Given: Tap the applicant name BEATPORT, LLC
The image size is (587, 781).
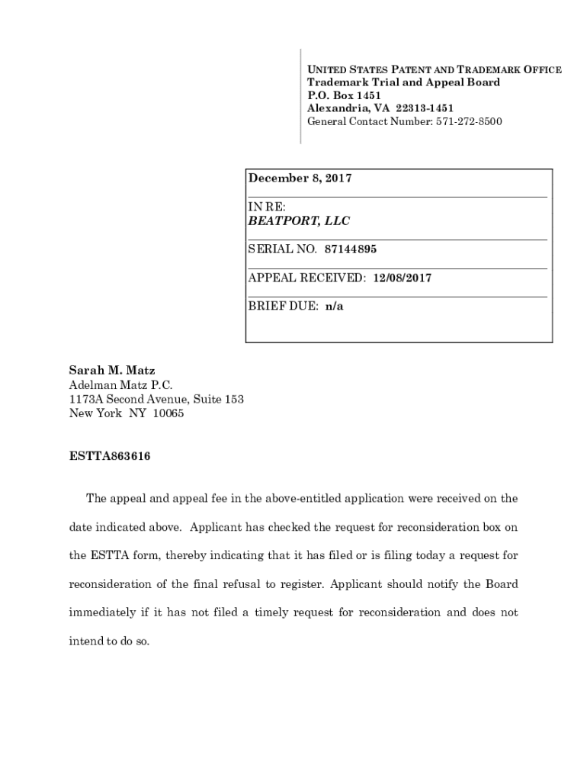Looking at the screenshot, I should pyautogui.click(x=299, y=221).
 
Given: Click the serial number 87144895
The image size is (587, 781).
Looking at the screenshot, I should pyautogui.click(x=350, y=249).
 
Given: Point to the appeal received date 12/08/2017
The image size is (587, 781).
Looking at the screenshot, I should pyautogui.click(x=402, y=278).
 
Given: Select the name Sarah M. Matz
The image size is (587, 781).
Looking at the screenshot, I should pyautogui.click(x=112, y=371).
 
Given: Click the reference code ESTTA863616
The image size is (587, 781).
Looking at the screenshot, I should pyautogui.click(x=110, y=457).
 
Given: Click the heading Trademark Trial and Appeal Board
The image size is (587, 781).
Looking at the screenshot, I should pyautogui.click(x=403, y=82).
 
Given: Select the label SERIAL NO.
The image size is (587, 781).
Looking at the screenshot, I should pyautogui.click(x=282, y=249).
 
